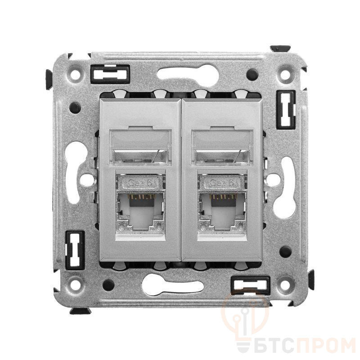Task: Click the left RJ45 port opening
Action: click(x=140, y=211)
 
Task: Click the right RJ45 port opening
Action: click(x=222, y=211)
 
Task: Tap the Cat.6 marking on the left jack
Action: click(x=140, y=183)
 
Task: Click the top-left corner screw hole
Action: click(x=75, y=74)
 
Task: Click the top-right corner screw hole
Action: click(x=285, y=74)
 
